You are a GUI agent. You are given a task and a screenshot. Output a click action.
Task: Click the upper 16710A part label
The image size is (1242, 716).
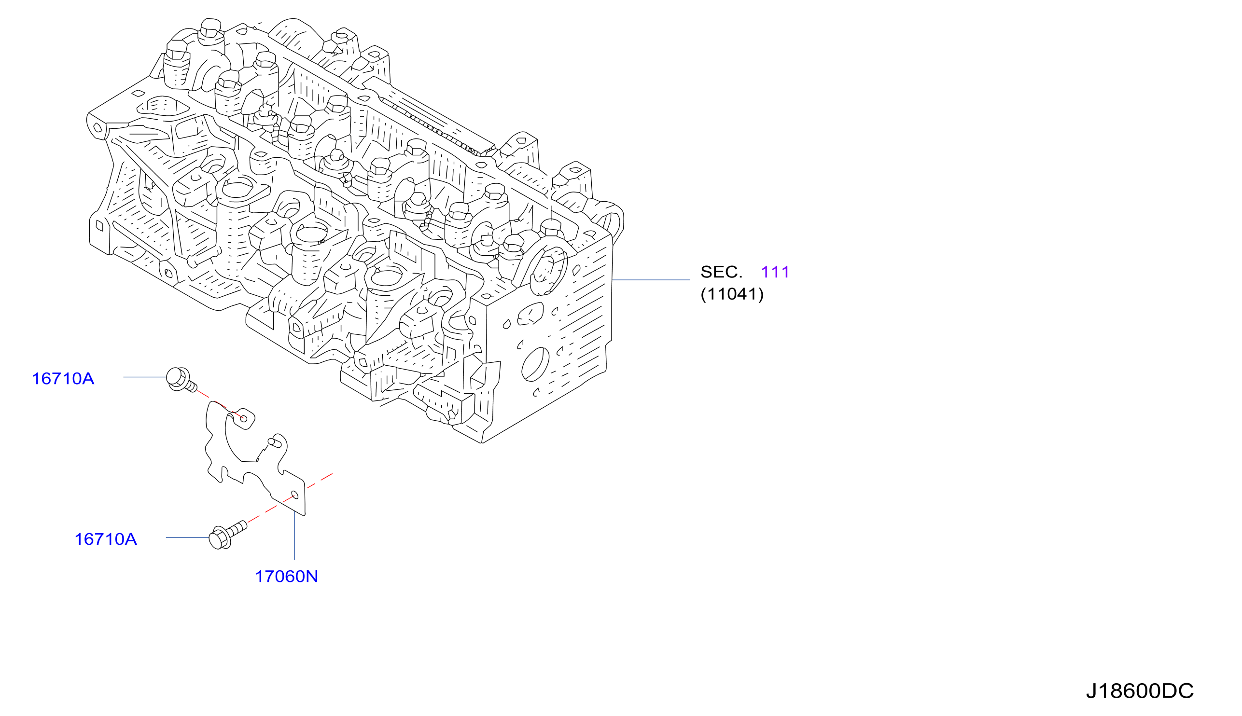[x=63, y=379]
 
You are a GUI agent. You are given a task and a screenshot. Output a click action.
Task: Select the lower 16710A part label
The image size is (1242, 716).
[x=106, y=539]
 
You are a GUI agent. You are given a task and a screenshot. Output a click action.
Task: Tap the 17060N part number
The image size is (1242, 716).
[x=287, y=577]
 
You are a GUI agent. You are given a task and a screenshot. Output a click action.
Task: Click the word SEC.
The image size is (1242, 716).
[x=721, y=272]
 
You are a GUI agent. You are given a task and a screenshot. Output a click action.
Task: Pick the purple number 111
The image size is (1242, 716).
[x=775, y=272]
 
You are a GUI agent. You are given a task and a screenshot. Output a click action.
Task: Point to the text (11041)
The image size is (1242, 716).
[x=732, y=294]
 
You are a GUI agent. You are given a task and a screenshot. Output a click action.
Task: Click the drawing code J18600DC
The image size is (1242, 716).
[x=1140, y=691]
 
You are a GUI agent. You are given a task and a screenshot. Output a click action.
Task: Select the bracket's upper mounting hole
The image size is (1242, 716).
[x=243, y=418]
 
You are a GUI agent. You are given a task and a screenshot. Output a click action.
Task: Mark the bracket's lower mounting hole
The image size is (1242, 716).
[x=295, y=495]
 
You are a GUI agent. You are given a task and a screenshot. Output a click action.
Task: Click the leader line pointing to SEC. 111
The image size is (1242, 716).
[x=651, y=280]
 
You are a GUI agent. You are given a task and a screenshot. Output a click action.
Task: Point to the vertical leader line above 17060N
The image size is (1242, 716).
[x=294, y=535]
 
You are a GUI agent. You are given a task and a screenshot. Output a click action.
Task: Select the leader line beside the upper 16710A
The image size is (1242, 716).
[x=145, y=377]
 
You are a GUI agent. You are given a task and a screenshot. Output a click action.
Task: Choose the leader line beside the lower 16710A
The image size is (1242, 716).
[x=188, y=537]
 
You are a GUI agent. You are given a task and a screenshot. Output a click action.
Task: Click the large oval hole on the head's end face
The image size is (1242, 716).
[x=535, y=364]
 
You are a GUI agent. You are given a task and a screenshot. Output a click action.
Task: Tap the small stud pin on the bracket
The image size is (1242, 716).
[x=275, y=443]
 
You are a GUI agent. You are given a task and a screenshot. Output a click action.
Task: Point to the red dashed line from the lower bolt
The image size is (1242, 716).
[x=290, y=497]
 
